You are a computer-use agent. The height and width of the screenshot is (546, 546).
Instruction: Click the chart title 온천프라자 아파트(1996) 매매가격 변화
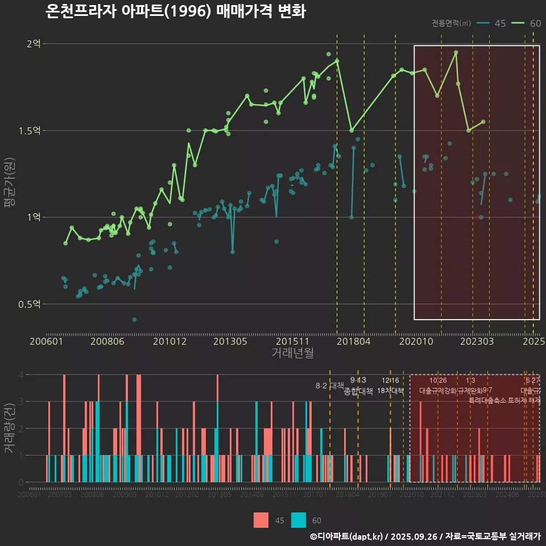point(175,11)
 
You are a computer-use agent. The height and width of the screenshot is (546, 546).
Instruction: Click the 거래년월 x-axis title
point(292,353)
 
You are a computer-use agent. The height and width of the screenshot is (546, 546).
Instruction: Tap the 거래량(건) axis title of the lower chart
point(10,428)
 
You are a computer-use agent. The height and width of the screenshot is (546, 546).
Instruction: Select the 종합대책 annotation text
point(358,391)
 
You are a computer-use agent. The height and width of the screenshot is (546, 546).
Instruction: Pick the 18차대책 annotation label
point(390,391)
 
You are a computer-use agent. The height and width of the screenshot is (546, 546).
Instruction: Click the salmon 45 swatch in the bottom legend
point(261,520)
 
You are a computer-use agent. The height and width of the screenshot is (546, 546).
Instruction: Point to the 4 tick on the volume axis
point(20,375)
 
